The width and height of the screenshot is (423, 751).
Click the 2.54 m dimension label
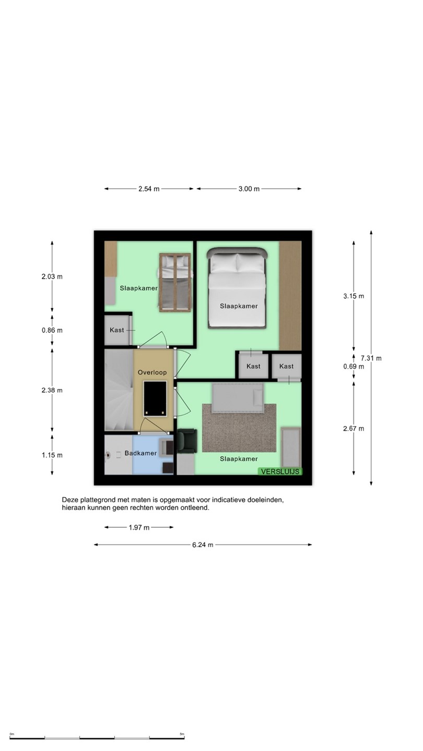tap(149, 189)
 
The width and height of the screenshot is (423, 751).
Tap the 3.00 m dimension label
tap(249, 189)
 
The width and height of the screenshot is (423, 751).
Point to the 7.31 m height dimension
tap(371, 358)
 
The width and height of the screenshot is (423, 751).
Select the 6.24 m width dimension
tap(203, 545)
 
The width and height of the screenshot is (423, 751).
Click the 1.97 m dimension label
tap(139, 527)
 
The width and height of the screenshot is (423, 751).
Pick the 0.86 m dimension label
tap(52, 330)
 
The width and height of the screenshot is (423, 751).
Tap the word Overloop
tap(152, 372)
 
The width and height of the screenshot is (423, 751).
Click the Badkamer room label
tap(140, 453)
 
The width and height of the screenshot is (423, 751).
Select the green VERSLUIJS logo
tap(280, 471)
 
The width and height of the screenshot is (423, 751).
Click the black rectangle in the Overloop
tap(155, 398)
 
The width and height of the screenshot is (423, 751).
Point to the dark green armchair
tap(187, 441)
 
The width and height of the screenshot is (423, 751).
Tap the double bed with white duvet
tap(237, 288)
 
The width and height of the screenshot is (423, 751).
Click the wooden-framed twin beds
tap(175, 283)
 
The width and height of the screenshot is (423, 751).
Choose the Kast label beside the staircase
tap(117, 330)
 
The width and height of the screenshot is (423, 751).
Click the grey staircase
tap(119, 390)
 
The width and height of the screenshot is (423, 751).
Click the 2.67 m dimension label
tap(354, 429)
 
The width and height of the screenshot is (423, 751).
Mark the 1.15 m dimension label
tap(52, 455)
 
